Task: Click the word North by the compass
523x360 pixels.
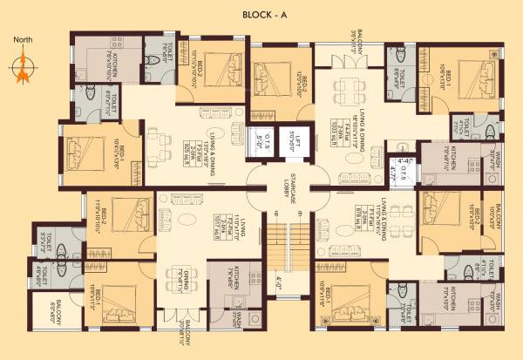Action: (24, 40)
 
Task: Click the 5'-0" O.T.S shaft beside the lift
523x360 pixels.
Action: (258, 137)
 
